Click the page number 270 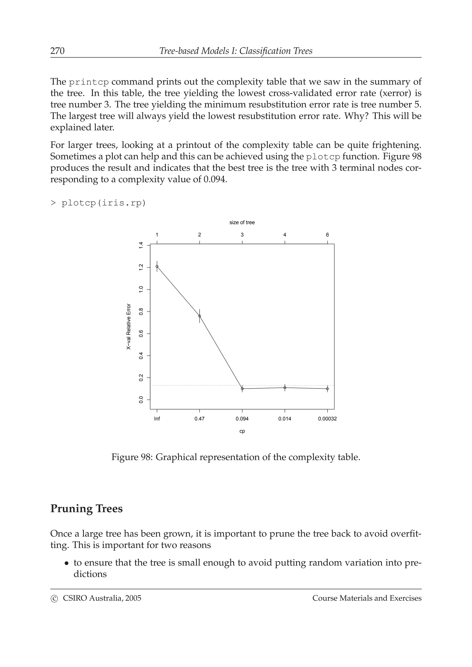tap(57, 51)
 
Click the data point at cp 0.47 tap(200, 316)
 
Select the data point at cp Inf tap(157, 266)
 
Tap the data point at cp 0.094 tap(242, 389)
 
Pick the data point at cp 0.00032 tap(327, 389)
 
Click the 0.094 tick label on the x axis tap(242, 419)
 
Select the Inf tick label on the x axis tap(157, 419)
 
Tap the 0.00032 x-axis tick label tap(327, 419)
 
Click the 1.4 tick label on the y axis tap(141, 246)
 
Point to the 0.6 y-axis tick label tap(141, 334)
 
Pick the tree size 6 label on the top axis tap(327, 235)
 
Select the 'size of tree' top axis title tap(242, 223)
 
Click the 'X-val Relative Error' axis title tap(129, 327)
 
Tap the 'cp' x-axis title tap(242, 431)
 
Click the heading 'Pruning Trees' tap(86, 509)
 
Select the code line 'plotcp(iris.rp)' tap(103, 203)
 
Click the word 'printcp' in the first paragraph tap(89, 82)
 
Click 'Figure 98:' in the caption tap(132, 457)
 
